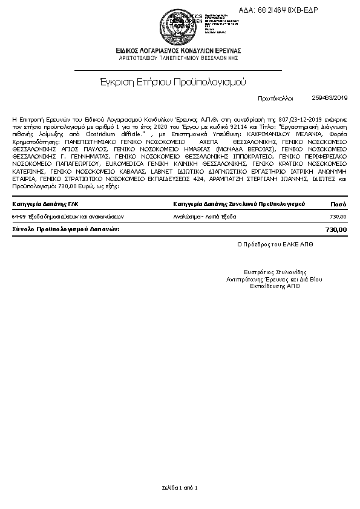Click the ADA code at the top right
[x=287, y=11]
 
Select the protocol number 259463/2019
[x=330, y=97]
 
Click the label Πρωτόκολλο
[x=275, y=97]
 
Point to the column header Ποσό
[x=339, y=204]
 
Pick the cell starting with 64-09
[x=51, y=216]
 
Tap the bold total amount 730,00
[x=336, y=230]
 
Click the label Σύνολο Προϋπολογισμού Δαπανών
[x=66, y=230]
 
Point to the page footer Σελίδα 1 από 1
[x=180, y=487]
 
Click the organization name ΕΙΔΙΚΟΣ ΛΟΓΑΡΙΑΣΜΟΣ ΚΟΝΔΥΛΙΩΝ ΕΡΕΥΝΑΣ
[x=180, y=50]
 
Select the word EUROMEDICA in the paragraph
[x=123, y=163]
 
